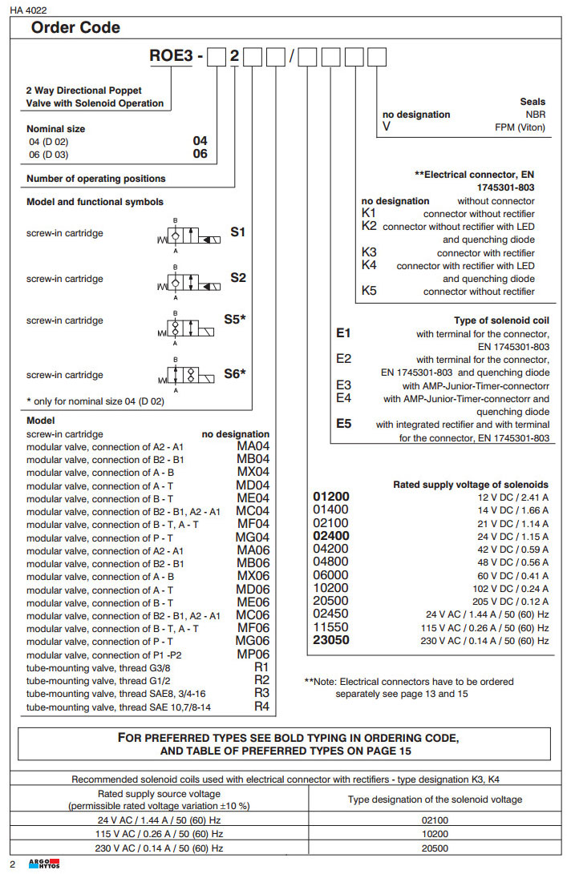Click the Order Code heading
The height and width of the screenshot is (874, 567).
(75, 28)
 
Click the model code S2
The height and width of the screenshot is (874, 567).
(238, 277)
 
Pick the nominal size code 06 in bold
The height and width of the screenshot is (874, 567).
(200, 154)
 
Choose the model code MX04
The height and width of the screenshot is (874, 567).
(253, 473)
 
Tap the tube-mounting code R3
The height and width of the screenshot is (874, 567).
(261, 693)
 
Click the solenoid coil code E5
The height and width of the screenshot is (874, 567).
(344, 425)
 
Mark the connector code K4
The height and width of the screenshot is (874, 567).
(369, 265)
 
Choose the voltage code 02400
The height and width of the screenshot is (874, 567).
(330, 536)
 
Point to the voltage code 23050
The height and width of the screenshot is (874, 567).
(330, 640)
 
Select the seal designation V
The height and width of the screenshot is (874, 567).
(387, 127)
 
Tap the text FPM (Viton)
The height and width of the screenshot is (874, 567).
(520, 127)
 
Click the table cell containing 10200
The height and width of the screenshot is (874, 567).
(435, 834)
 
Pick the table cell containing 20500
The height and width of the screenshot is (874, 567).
(435, 848)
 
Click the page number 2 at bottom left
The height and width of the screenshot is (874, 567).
(12, 863)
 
